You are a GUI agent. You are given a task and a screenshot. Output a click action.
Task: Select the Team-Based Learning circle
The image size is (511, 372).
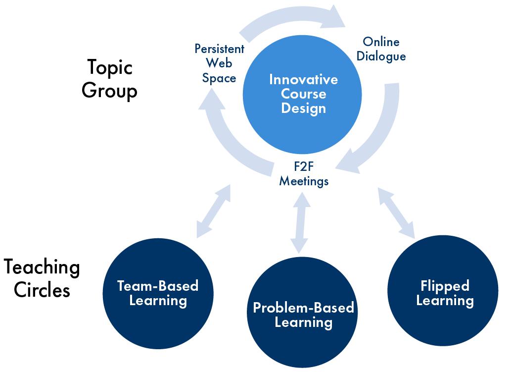(157, 294)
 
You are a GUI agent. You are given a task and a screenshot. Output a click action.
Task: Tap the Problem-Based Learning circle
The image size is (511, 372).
(303, 315)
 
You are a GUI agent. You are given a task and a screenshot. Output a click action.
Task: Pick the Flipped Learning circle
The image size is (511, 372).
(444, 293)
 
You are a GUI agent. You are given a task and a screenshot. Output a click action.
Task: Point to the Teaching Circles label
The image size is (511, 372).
(42, 278)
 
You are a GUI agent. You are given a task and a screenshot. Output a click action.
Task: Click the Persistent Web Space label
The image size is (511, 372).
(219, 63)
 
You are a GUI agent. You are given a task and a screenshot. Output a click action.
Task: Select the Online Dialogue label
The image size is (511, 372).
(381, 49)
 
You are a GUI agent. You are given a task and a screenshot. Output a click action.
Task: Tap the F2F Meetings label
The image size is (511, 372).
(304, 174)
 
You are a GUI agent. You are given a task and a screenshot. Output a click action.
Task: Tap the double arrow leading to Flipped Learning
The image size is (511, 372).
(396, 212)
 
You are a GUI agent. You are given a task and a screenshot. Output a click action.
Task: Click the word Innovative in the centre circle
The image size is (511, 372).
(303, 80)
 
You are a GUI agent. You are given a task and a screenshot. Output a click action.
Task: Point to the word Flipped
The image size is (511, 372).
(445, 286)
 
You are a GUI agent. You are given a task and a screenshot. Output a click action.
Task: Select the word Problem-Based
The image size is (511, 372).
(303, 308)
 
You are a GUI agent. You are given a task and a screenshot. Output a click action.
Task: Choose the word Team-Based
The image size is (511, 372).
(157, 286)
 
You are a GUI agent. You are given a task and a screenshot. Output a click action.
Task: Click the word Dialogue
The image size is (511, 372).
(381, 56)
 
